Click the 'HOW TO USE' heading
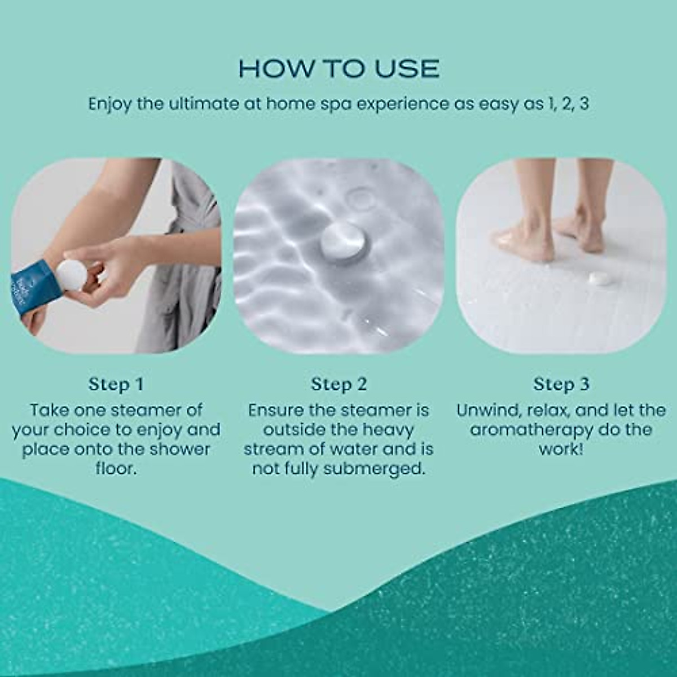pyautogui.click(x=338, y=68)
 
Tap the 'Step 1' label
pyautogui.click(x=116, y=384)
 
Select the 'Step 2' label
pyautogui.click(x=338, y=384)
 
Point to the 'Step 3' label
pyautogui.click(x=561, y=384)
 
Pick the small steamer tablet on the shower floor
pyautogui.click(x=597, y=278)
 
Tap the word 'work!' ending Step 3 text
pyautogui.click(x=561, y=449)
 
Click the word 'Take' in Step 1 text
pyautogui.click(x=49, y=410)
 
